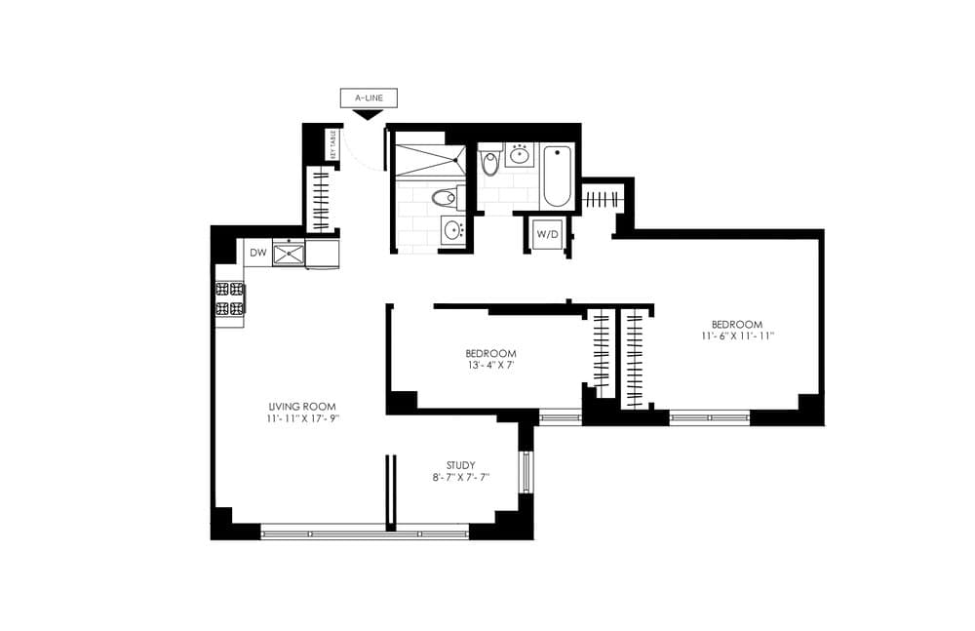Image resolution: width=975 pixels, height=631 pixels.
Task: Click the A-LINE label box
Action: [368, 98]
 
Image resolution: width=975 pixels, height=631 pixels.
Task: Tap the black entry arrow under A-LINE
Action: [367, 114]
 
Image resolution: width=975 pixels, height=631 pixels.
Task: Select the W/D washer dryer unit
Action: [548, 234]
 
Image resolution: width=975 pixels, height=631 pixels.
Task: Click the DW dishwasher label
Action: [257, 254]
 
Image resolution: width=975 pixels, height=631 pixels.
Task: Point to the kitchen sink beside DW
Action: [290, 254]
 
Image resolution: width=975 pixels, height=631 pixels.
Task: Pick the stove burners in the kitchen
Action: [229, 298]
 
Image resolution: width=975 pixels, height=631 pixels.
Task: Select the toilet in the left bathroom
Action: [446, 199]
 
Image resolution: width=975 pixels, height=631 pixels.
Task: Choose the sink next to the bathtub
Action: [520, 154]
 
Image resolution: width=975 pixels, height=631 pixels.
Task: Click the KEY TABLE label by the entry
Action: [332, 143]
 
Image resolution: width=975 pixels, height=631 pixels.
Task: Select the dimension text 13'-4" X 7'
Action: [489, 365]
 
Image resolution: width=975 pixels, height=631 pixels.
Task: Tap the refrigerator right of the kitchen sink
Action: [323, 254]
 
